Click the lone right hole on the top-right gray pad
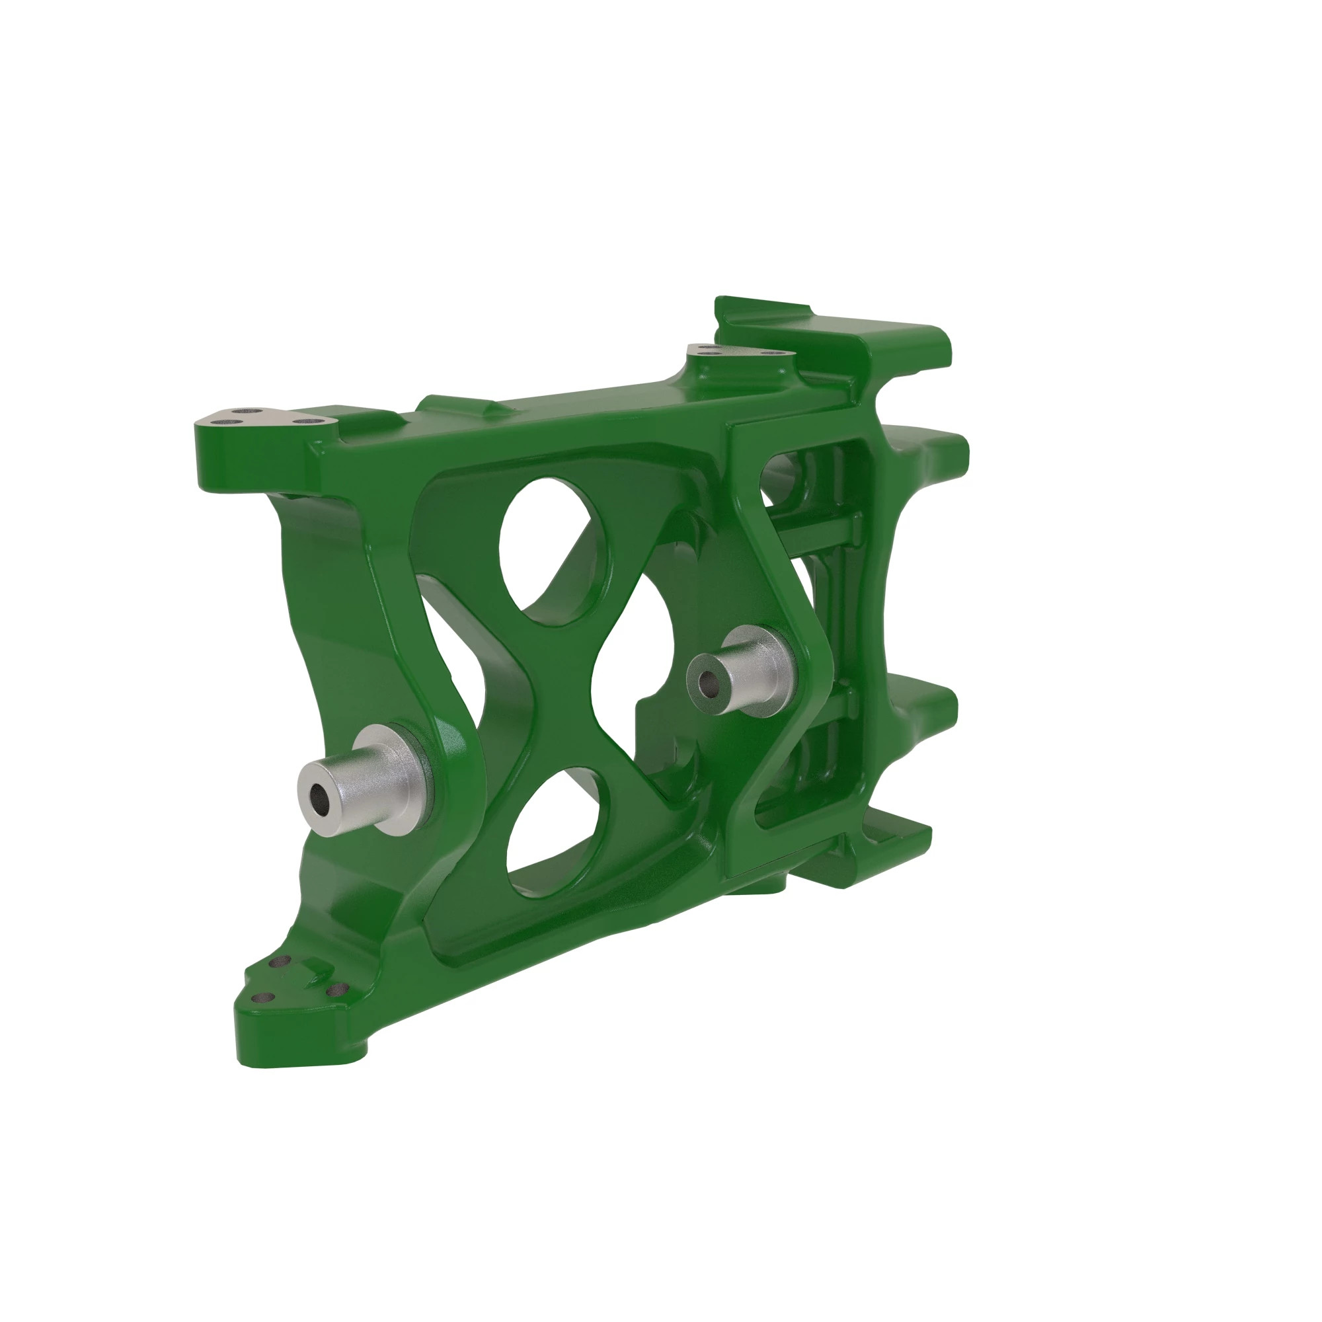tap(773, 354)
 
